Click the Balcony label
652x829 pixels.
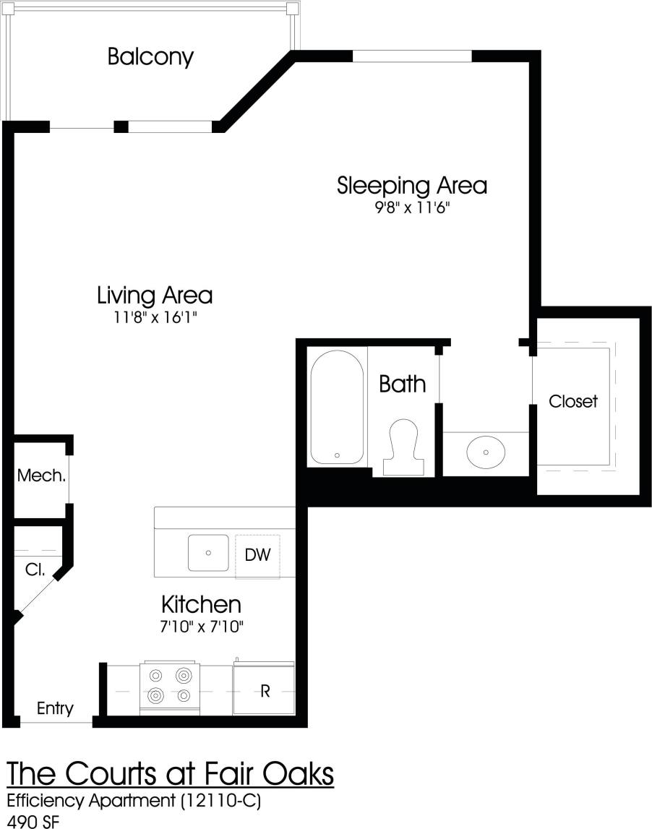(x=150, y=56)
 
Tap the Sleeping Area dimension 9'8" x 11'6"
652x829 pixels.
(x=412, y=208)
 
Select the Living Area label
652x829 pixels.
(x=155, y=295)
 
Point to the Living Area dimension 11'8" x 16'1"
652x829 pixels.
(x=155, y=318)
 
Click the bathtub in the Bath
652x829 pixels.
(x=337, y=408)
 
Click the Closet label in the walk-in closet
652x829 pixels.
(x=573, y=401)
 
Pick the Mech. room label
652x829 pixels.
(x=42, y=476)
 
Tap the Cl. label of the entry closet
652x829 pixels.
(x=35, y=570)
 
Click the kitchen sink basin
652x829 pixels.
(x=208, y=553)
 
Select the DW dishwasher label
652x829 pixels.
(x=257, y=555)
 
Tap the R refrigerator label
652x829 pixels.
(x=265, y=691)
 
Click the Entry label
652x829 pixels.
(x=55, y=708)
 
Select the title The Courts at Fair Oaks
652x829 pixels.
(x=171, y=773)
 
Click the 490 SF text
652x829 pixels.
(x=33, y=821)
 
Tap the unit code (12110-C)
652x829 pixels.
(x=216, y=801)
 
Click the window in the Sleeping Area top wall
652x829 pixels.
(x=411, y=56)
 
